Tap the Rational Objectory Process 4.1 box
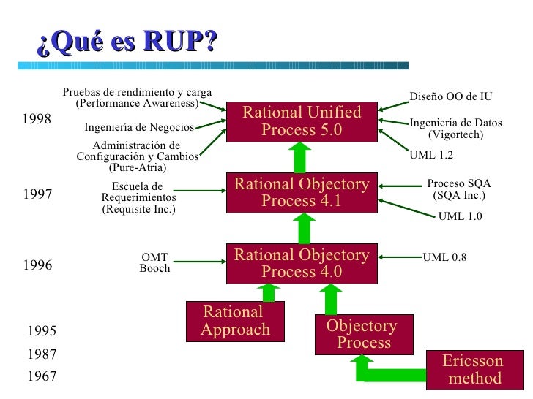(x=301, y=192)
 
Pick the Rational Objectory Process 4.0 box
(x=301, y=264)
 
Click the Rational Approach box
(x=235, y=322)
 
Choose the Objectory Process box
(x=363, y=334)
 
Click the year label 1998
(x=37, y=120)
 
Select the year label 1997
(x=37, y=195)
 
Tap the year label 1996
(x=37, y=265)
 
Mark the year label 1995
(x=41, y=331)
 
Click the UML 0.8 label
(x=444, y=257)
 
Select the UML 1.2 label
(x=431, y=155)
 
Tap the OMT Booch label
(x=154, y=263)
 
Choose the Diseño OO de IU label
(x=450, y=96)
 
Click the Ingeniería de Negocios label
(x=139, y=128)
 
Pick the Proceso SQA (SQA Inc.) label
(x=458, y=190)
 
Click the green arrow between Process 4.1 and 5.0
(x=301, y=157)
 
